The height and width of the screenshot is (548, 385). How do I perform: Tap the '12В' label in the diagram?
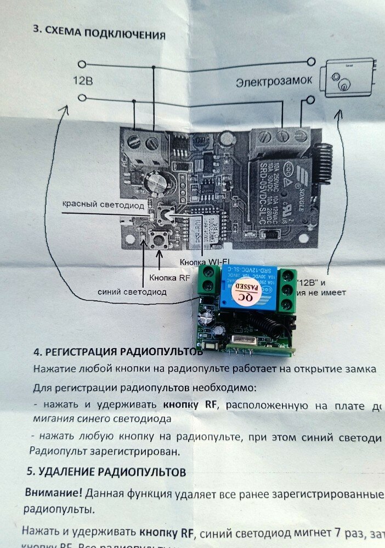pos(83,81)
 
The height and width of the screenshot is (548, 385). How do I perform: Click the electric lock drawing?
pos(351,78)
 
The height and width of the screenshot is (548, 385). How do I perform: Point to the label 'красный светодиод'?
pos(103,206)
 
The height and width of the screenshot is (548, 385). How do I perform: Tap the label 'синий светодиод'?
pos(132,292)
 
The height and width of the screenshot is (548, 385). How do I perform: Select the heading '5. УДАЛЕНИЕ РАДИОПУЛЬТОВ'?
pos(106,472)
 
